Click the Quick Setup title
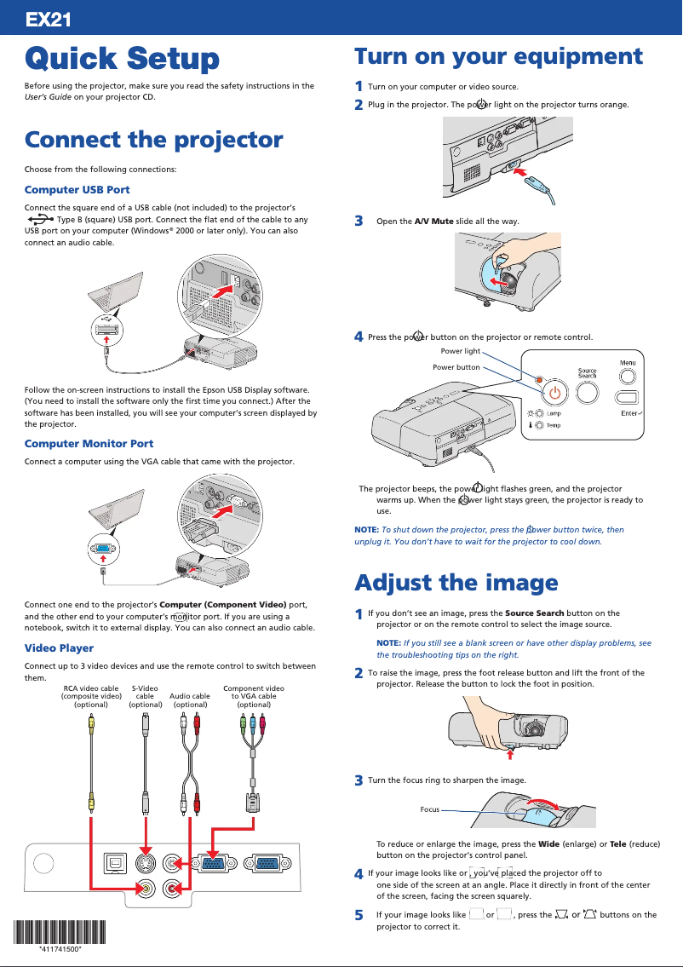click(122, 59)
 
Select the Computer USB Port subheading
click(77, 189)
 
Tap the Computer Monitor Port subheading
click(89, 443)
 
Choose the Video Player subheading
click(59, 648)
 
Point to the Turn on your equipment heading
click(498, 56)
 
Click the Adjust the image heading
click(456, 583)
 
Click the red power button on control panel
click(555, 393)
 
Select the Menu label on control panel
click(628, 364)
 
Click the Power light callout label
click(460, 351)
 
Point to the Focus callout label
click(429, 809)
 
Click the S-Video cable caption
click(145, 696)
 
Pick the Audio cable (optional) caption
click(190, 700)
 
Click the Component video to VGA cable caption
click(254, 696)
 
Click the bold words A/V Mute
click(433, 222)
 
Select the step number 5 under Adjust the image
click(359, 914)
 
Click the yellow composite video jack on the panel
click(147, 889)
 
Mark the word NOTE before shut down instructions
click(366, 529)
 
